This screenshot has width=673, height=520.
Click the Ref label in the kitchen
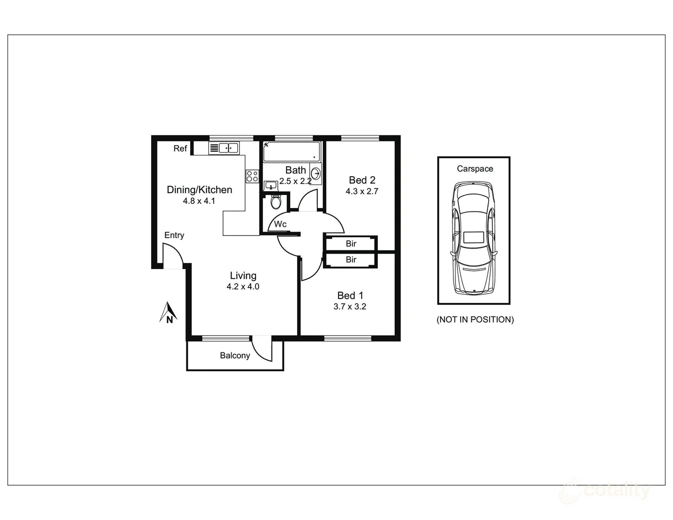(180, 148)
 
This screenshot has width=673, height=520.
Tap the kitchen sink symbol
(224, 148)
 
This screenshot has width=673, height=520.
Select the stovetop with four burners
(252, 176)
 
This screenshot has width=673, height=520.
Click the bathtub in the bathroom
(291, 151)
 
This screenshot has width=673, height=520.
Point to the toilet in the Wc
(276, 201)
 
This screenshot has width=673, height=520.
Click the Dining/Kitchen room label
(199, 190)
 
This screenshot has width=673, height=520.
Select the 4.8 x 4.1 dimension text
(199, 201)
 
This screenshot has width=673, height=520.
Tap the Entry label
(174, 235)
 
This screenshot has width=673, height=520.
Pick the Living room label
(243, 275)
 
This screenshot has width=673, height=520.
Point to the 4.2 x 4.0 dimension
(243, 287)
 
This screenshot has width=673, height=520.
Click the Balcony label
(235, 355)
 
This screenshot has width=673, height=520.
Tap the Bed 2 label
(362, 180)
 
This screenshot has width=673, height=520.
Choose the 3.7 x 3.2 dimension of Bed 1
(350, 307)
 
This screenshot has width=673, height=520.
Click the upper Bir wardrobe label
(351, 244)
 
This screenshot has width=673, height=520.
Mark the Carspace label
(475, 169)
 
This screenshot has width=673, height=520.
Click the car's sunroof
(474, 237)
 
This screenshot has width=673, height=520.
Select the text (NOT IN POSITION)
(475, 320)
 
